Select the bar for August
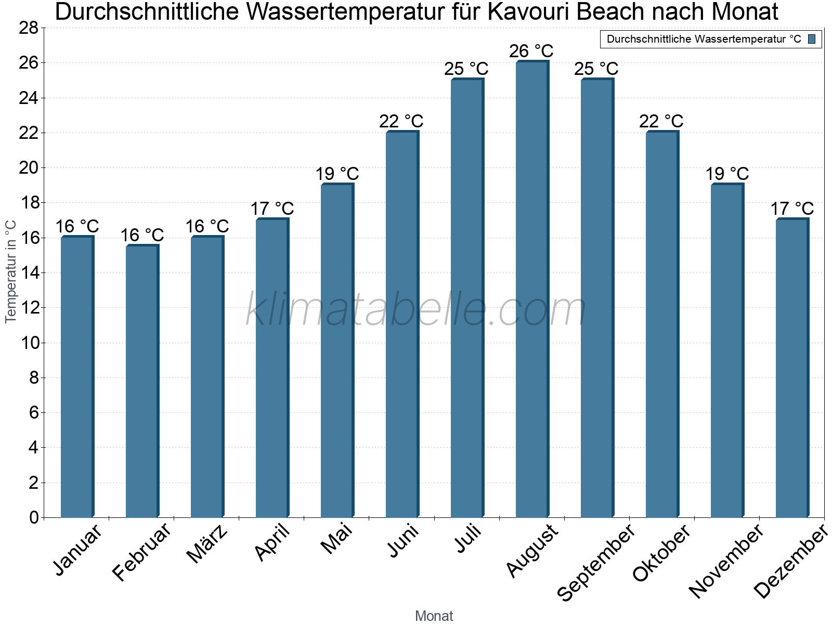click(x=532, y=289)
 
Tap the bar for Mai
click(x=337, y=350)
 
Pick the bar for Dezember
click(x=792, y=368)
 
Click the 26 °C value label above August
click(x=531, y=51)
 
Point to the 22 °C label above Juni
click(x=401, y=121)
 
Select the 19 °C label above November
click(x=727, y=174)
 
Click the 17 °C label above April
click(x=272, y=209)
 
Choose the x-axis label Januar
click(x=78, y=550)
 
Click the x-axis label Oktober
click(x=661, y=553)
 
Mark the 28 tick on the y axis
click(x=29, y=28)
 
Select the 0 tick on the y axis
click(x=34, y=517)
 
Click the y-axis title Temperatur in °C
click(x=11, y=271)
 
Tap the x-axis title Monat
click(x=434, y=616)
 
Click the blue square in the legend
click(x=812, y=39)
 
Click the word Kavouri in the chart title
click(x=530, y=12)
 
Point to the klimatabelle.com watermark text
click(x=416, y=310)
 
